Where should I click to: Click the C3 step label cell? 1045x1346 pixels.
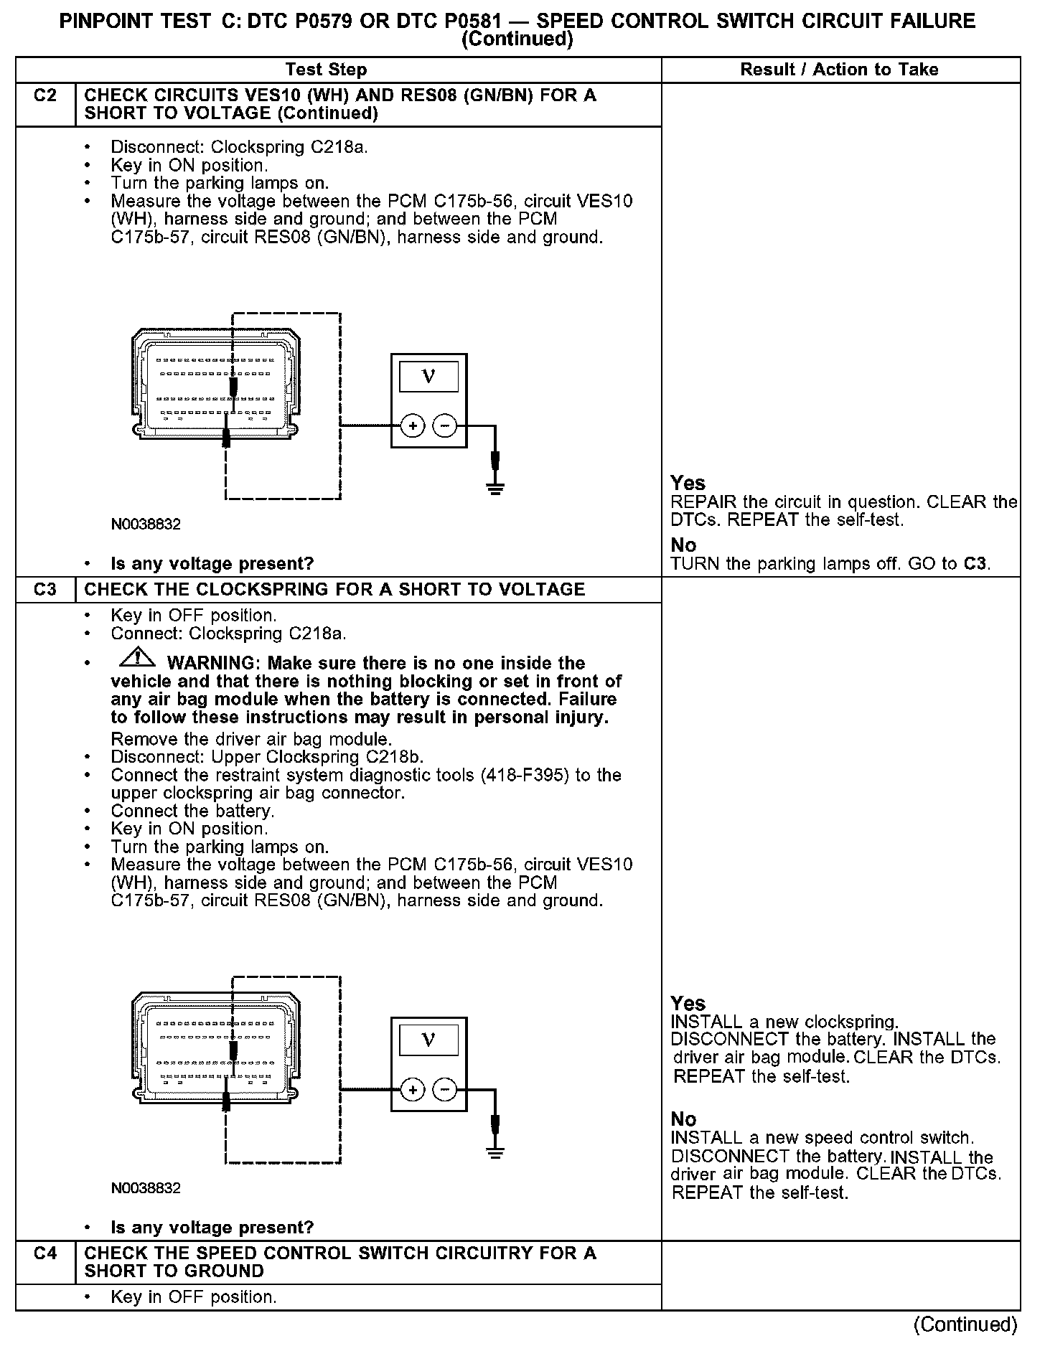tap(44, 590)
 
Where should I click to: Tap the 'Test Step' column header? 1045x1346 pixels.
tap(326, 70)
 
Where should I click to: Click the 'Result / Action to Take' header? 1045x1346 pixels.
tap(839, 70)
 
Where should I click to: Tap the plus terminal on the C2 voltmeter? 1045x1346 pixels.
tap(413, 426)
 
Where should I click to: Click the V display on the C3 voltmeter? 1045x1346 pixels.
tap(428, 1040)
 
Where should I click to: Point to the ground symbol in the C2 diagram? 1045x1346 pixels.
tap(495, 489)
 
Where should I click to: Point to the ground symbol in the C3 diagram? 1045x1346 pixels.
tap(495, 1152)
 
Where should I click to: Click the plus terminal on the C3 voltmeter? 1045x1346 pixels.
tap(413, 1090)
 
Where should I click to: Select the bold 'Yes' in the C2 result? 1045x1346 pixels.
tap(688, 483)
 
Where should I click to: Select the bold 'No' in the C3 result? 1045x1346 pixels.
tap(683, 1119)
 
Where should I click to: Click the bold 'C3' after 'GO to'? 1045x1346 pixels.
tap(974, 563)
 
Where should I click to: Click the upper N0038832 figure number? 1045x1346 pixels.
tap(146, 524)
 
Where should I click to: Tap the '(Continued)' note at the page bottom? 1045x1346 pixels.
tap(965, 1324)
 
